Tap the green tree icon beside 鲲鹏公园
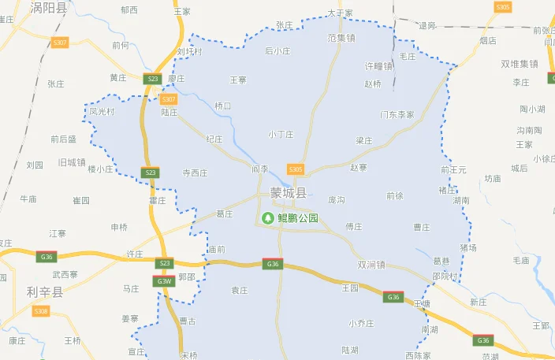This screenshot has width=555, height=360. [268, 218]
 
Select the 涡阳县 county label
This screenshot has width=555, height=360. [48, 7]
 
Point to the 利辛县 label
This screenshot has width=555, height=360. [45, 292]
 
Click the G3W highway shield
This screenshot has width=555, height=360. [164, 281]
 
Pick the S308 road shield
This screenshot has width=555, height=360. [41, 312]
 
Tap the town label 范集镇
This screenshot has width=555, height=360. [341, 38]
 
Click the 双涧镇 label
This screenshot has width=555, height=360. [371, 265]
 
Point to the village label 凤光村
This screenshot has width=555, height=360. [102, 112]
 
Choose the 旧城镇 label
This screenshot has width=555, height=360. [72, 162]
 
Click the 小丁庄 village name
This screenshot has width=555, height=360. [281, 135]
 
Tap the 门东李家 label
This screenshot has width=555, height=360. [397, 115]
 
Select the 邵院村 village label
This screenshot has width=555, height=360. [445, 276]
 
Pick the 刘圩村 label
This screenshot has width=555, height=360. [189, 52]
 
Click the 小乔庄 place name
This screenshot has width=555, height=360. [360, 324]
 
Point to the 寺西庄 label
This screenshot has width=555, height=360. [195, 173]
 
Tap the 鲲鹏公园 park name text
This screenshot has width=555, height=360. [297, 218]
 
